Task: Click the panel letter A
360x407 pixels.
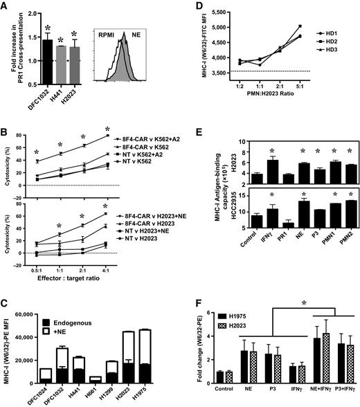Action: coord(6,6)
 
